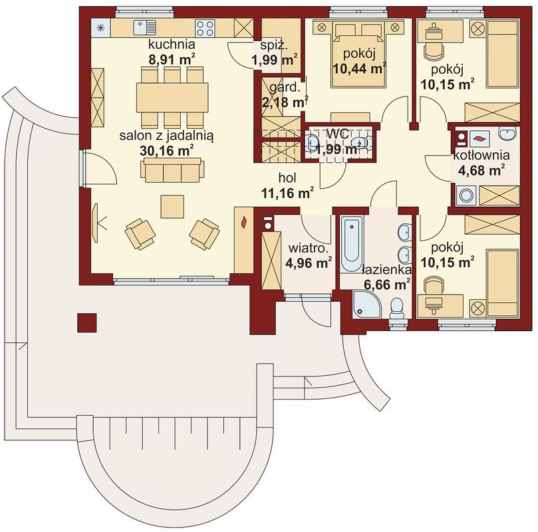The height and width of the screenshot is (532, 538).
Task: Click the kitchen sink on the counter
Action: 144,27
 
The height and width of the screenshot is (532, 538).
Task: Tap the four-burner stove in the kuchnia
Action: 205,27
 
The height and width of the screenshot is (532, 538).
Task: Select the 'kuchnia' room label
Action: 172,45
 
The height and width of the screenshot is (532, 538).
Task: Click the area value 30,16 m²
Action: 167,150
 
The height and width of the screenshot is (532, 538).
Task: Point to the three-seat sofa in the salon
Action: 172,170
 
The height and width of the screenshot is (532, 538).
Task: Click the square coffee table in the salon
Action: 172,206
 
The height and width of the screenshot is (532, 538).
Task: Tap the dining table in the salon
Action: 172,97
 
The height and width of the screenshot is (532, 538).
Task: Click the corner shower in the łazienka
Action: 366,305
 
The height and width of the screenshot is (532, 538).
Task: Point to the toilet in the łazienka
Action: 397,308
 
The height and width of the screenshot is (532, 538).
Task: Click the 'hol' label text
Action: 287,178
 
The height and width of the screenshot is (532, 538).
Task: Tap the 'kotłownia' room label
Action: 481,155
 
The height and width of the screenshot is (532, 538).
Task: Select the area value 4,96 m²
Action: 309,263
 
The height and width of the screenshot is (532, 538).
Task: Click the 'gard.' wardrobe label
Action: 285,88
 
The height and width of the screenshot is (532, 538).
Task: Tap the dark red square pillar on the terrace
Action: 87,323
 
